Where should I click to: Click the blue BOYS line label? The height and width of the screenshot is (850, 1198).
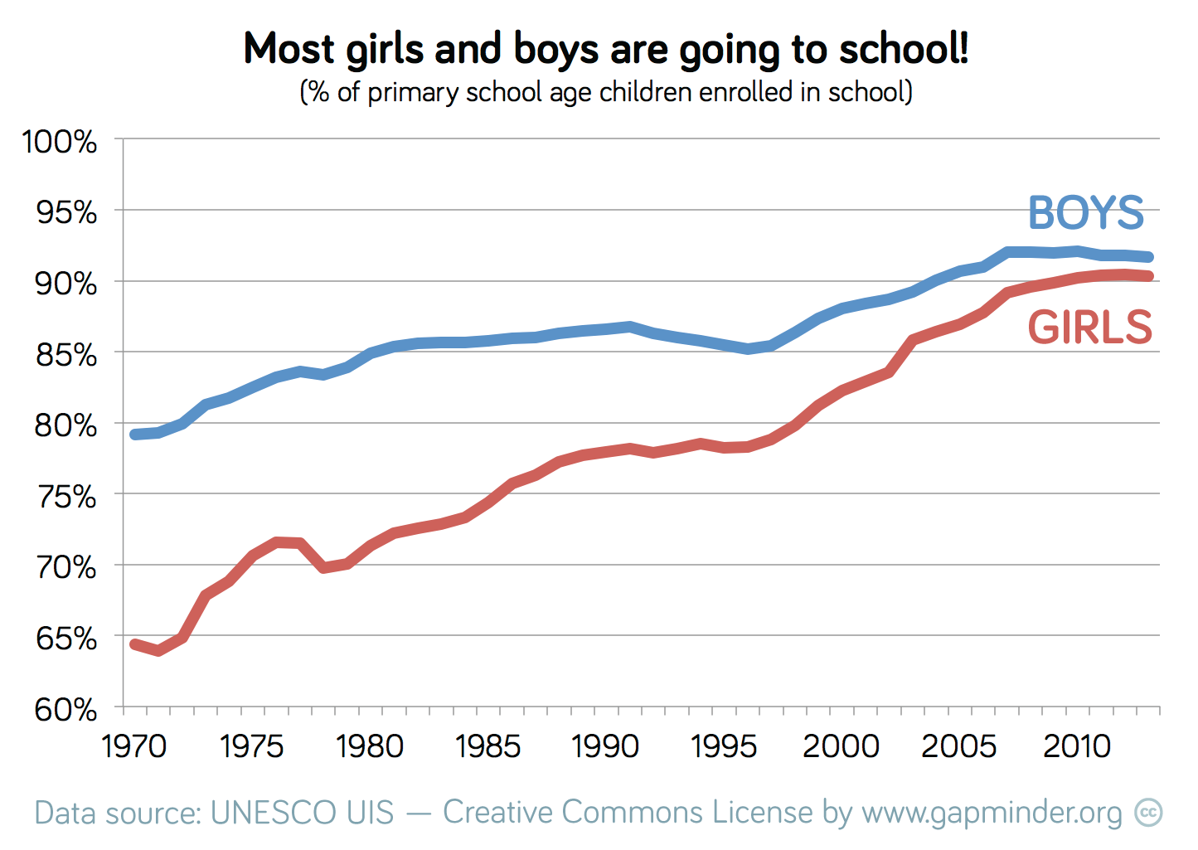1086,213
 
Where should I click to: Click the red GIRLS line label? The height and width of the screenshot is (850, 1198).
1090,327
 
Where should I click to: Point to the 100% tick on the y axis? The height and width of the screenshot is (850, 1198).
60,142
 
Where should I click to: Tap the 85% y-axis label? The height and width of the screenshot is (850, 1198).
66,355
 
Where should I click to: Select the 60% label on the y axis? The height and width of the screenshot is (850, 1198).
66,710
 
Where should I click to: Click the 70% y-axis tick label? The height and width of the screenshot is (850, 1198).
66,568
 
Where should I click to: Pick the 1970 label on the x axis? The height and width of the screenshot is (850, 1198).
134,746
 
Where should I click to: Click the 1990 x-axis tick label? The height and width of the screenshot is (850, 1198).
606,746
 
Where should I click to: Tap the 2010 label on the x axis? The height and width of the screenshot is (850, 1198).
1077,746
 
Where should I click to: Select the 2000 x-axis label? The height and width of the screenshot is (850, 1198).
841,746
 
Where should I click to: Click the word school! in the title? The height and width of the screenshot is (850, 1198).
903,50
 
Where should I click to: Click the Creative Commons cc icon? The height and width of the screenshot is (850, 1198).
1149,813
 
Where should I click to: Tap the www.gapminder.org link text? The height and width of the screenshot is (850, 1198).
992,814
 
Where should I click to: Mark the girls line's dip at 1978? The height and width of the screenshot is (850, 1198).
323,568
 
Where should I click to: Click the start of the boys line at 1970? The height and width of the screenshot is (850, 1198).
135,435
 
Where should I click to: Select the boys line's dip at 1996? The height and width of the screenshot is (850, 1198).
748,349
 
